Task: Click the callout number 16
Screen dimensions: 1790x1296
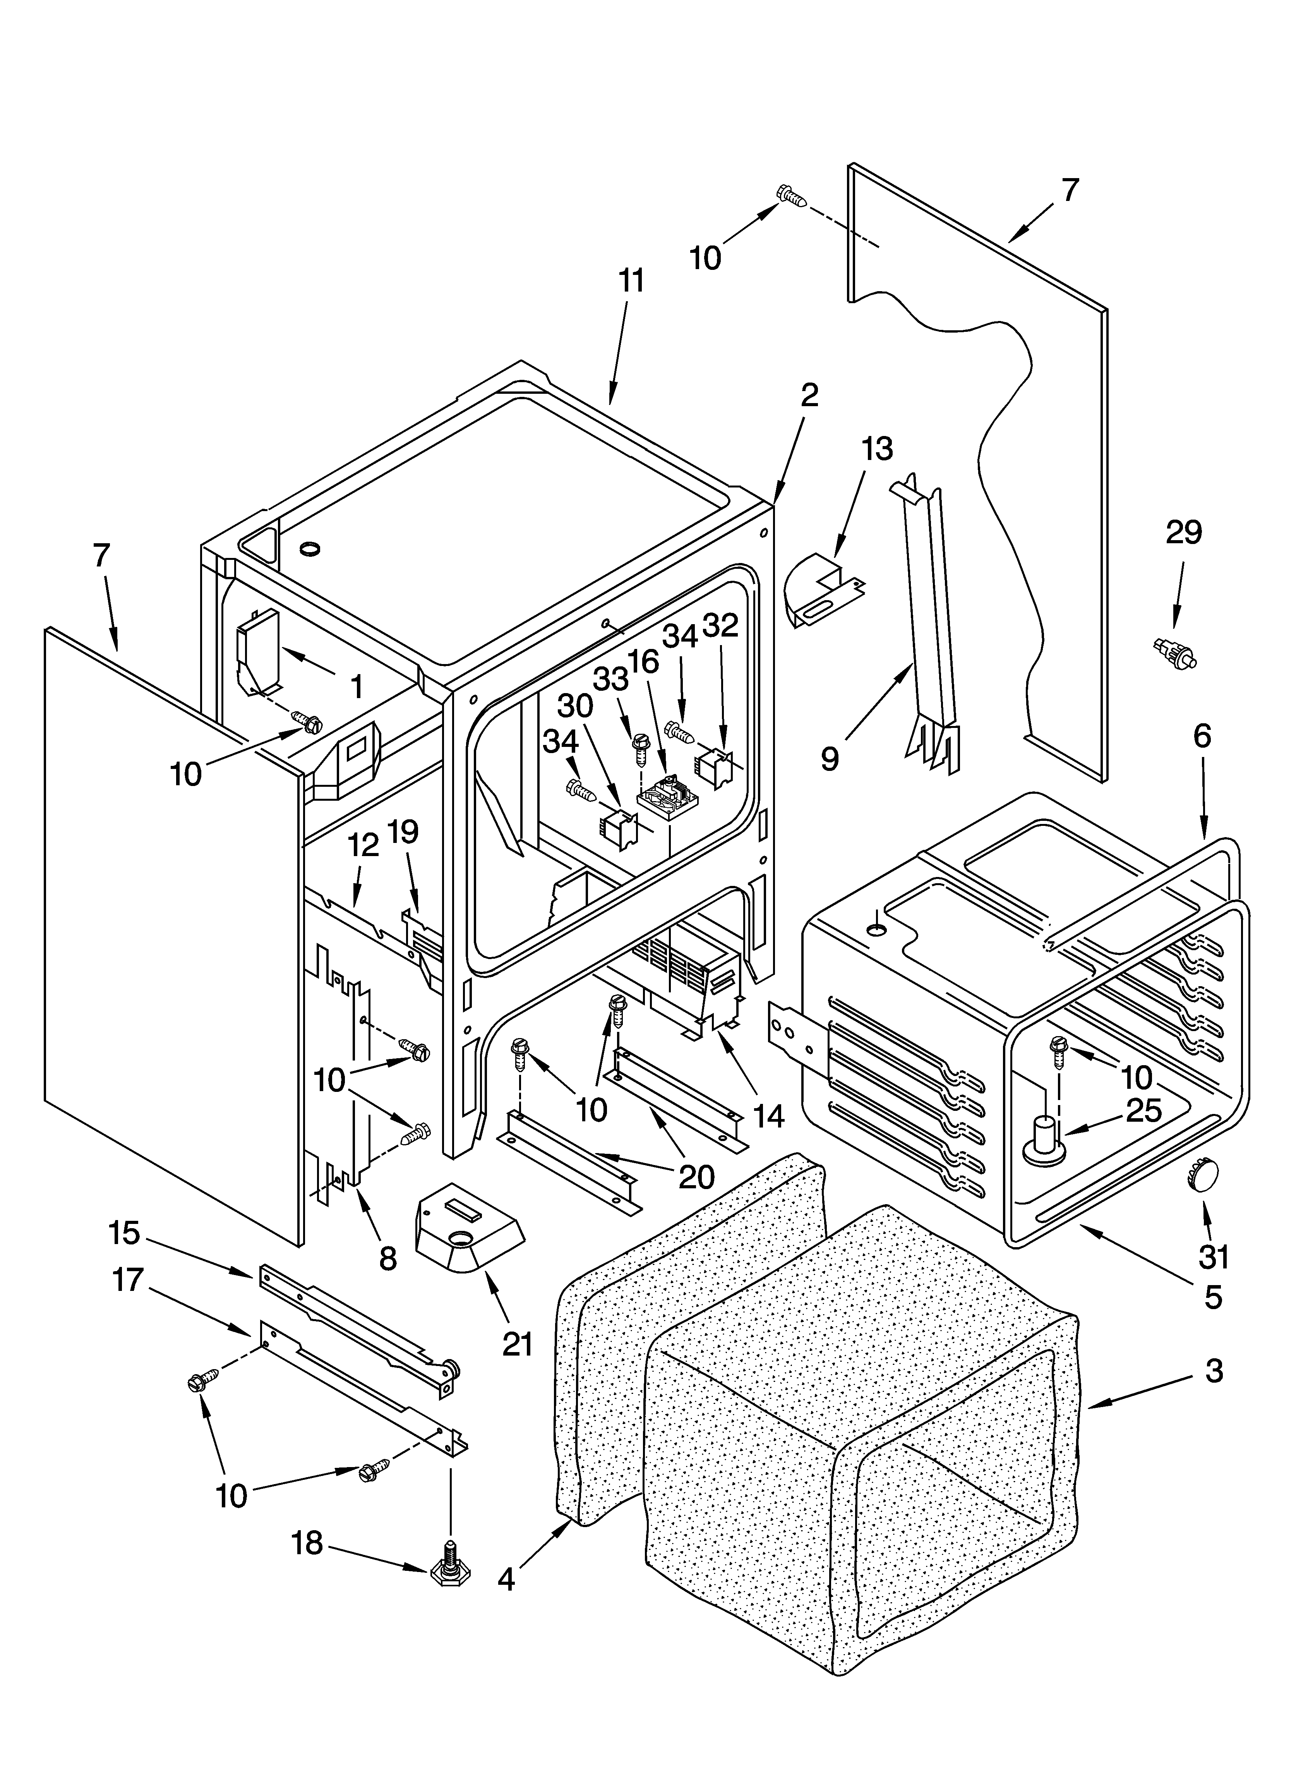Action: pos(644,661)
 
